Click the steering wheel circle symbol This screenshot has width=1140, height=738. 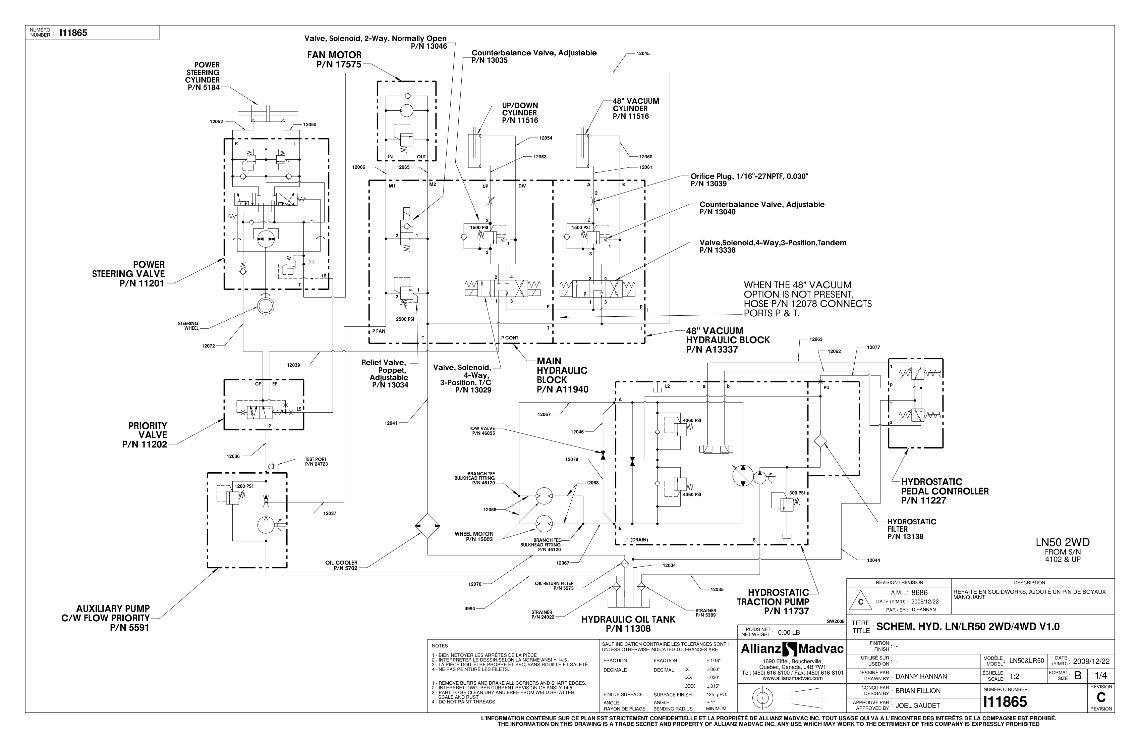(x=265, y=305)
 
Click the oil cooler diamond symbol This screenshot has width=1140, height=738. (x=427, y=526)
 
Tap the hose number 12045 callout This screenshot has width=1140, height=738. (x=643, y=54)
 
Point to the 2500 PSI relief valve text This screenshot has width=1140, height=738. (x=405, y=319)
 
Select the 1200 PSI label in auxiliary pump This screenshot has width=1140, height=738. (x=243, y=486)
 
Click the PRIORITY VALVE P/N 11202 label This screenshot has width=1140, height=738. (x=146, y=435)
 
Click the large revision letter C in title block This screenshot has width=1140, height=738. (x=1101, y=698)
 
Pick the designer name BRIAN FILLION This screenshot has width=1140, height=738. (x=918, y=691)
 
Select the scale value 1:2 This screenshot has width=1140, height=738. (x=1014, y=677)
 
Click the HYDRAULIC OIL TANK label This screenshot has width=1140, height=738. (x=628, y=624)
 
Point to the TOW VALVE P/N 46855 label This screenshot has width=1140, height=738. (x=481, y=431)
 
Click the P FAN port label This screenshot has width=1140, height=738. (x=379, y=331)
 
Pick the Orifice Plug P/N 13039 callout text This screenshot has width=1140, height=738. (x=749, y=180)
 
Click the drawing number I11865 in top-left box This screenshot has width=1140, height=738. (x=73, y=33)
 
